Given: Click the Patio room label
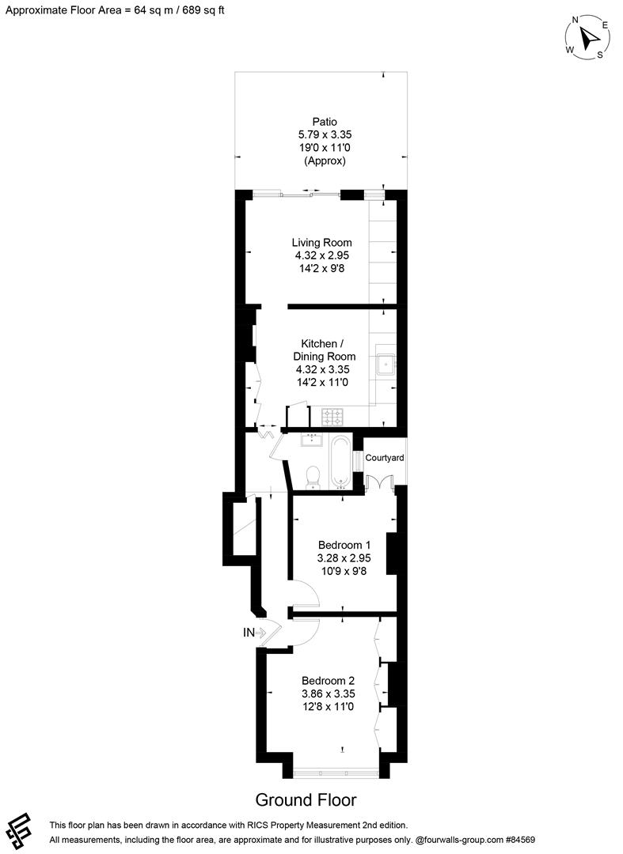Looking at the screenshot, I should (324, 122).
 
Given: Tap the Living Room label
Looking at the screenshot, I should (321, 243).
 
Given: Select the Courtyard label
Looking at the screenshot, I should (385, 458).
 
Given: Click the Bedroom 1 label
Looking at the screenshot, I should (344, 545).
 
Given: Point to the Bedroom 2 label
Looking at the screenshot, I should (328, 681).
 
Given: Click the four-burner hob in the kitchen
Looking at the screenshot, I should (332, 415).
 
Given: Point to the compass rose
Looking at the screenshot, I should (587, 37).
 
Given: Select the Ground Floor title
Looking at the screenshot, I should (306, 799).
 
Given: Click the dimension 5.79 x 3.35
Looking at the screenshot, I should (324, 135).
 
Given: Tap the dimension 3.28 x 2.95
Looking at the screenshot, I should (344, 557).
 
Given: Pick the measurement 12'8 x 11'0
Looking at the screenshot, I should (328, 706).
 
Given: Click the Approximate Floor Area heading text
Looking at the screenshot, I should (115, 10).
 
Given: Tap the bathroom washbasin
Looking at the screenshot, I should (311, 439).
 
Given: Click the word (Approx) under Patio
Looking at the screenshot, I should (324, 161).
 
